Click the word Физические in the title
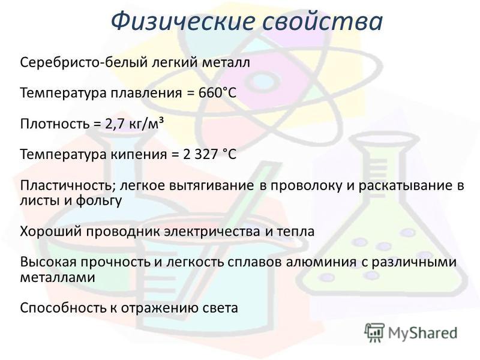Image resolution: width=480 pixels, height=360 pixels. [183, 22]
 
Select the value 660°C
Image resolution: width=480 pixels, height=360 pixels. [217, 93]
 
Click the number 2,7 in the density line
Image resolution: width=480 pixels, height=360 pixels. [115, 124]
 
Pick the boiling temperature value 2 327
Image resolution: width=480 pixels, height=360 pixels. [200, 154]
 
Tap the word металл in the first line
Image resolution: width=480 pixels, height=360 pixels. [226, 62]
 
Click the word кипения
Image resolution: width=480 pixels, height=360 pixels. [139, 154]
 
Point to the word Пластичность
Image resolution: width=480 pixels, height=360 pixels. [68, 185]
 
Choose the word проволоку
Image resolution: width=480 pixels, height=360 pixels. [306, 186]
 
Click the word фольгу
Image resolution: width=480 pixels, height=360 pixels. [99, 201]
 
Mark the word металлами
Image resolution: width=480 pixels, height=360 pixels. [58, 278]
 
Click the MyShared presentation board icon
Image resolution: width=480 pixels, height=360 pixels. [374, 332]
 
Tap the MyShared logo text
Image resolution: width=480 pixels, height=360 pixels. [423, 333]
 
